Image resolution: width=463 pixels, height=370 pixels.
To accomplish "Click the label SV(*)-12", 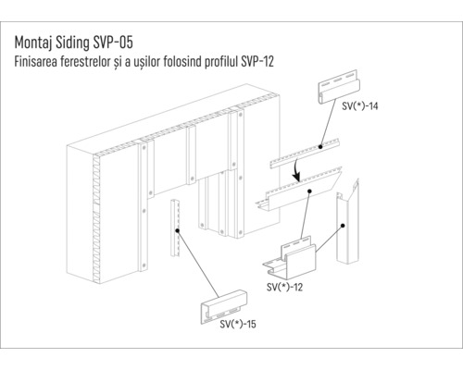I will point(284,288).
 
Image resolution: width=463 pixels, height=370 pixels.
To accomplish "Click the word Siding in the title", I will point(81,43).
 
